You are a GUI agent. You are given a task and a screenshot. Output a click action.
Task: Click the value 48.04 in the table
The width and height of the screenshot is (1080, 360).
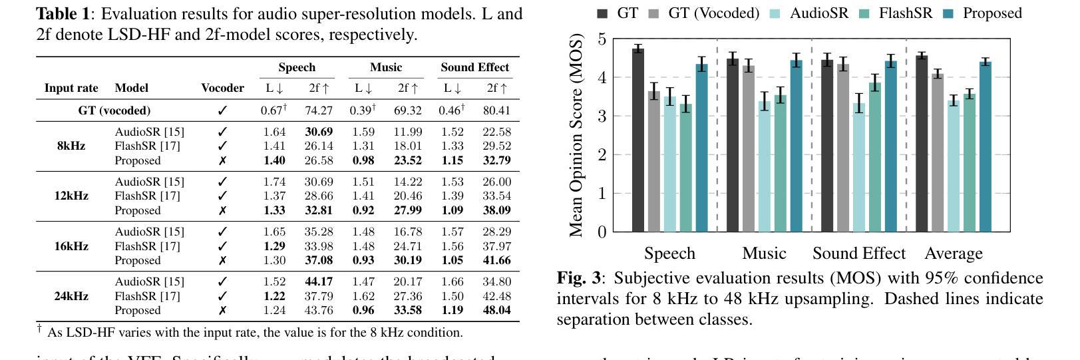click(x=496, y=310)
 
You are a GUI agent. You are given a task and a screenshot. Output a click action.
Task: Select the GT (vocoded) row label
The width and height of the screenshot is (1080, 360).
click(x=114, y=110)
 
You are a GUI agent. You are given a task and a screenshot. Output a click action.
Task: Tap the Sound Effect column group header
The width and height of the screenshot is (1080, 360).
click(x=474, y=67)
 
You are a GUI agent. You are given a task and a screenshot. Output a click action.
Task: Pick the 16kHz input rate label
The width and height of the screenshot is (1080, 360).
click(x=71, y=246)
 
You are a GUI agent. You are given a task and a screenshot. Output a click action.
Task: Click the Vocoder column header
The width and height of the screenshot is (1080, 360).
click(x=222, y=88)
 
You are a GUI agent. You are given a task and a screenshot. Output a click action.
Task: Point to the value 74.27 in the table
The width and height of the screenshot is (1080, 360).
click(x=319, y=110)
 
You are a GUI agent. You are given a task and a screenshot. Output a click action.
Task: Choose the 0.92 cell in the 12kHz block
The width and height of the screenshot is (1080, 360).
click(x=363, y=210)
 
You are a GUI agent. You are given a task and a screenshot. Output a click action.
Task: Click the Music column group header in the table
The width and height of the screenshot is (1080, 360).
click(x=386, y=67)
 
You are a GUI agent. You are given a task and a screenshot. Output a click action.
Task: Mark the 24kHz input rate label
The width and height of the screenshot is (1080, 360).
click(x=71, y=296)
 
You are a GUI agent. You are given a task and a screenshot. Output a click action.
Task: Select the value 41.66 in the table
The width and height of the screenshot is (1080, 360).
click(x=496, y=260)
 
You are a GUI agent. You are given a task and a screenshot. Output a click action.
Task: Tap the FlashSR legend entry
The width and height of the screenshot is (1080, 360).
click(x=905, y=13)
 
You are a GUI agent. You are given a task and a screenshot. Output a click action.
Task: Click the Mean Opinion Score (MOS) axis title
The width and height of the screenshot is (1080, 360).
click(x=576, y=136)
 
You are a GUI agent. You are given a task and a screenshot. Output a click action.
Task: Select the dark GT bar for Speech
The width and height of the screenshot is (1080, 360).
click(x=638, y=140)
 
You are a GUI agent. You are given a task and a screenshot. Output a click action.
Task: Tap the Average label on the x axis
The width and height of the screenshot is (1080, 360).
click(x=953, y=254)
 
